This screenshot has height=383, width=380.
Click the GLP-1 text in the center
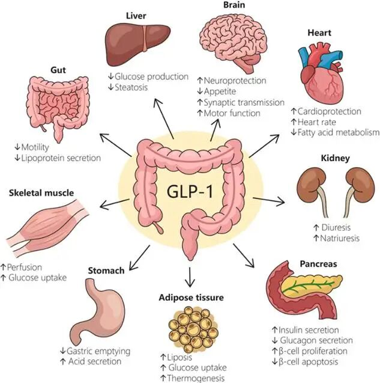tap(190, 191)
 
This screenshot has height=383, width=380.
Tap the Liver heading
tap(136, 16)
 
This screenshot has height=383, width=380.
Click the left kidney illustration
tap(313, 191)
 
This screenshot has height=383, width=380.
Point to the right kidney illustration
tap(359, 191)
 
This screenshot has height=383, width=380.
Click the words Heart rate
tap(317, 122)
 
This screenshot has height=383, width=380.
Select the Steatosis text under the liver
tap(131, 87)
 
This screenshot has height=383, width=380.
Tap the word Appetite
tap(220, 91)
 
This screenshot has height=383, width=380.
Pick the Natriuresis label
tap(340, 238)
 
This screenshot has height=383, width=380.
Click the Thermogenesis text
tap(196, 378)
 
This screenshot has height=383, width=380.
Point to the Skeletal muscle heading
tap(41, 193)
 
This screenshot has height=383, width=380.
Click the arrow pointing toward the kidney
tap(269, 200)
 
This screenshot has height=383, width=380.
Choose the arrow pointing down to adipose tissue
tap(190, 277)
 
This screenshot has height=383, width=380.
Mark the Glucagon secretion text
tap(316, 340)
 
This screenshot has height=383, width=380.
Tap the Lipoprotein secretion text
tap(61, 158)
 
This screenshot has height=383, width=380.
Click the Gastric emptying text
tap(98, 352)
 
